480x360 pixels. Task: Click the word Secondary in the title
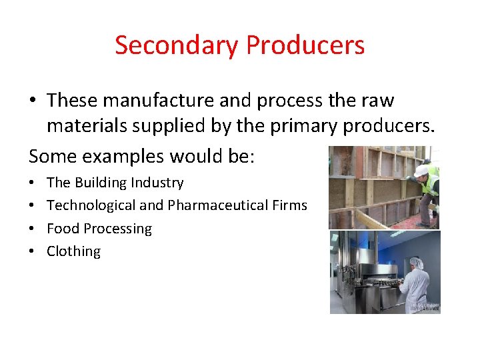[x=177, y=45]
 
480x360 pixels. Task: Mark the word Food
[x=63, y=229]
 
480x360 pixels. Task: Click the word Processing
[x=117, y=229]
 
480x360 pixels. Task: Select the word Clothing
[x=73, y=251]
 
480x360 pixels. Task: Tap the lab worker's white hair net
[x=416, y=263]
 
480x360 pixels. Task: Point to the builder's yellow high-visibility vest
[x=433, y=181]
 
